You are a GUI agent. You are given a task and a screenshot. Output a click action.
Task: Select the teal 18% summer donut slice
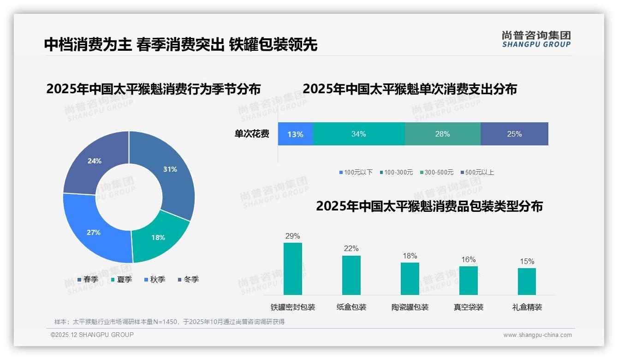(158, 237)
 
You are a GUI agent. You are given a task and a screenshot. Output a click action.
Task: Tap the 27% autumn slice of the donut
(94, 232)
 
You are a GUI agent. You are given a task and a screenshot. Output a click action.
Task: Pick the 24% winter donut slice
(95, 161)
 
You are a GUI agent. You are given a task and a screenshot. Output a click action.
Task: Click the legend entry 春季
(88, 279)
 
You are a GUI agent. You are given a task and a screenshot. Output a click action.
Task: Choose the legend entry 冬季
(188, 279)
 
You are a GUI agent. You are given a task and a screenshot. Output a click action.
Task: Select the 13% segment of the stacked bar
(295, 134)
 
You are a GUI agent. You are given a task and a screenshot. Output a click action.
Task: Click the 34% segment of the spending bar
(358, 134)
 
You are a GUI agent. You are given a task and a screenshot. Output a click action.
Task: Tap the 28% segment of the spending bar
(442, 134)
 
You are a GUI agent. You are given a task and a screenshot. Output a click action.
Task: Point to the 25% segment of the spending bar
(514, 134)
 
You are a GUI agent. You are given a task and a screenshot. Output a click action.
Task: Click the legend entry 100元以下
(356, 172)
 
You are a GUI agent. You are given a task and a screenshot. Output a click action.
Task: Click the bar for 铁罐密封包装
(292, 269)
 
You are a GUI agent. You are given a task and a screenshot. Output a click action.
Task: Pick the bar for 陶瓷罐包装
(410, 278)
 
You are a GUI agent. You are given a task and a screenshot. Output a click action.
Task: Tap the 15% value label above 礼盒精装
(527, 262)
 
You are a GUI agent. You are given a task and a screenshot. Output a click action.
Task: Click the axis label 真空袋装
(469, 307)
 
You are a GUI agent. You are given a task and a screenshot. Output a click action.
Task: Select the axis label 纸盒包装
(351, 307)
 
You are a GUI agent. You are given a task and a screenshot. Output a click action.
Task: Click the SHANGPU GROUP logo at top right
(536, 39)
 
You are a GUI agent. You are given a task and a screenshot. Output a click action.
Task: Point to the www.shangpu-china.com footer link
(537, 335)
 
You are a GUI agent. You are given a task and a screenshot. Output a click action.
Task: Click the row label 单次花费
(251, 134)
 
